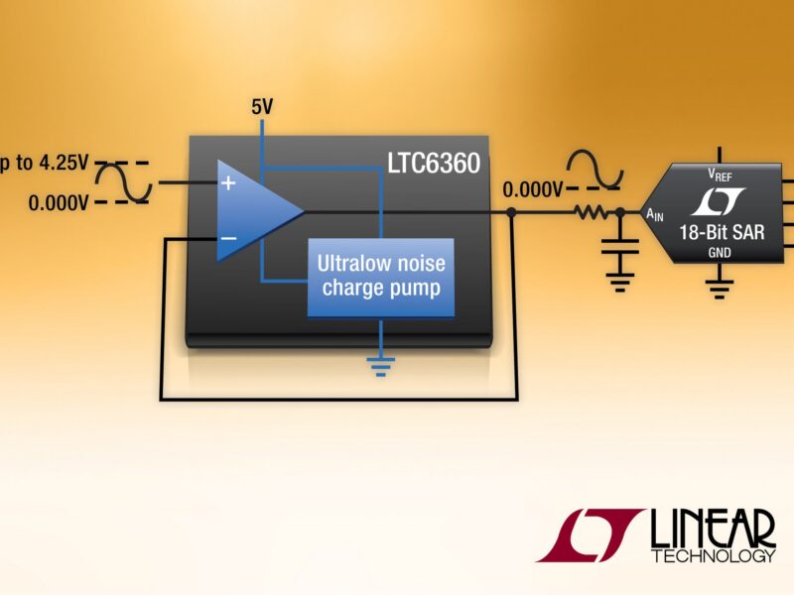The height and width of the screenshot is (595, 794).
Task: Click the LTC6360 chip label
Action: tap(434, 163)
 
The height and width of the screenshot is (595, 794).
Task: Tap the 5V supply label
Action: tap(261, 106)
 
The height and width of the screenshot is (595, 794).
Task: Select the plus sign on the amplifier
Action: tap(228, 182)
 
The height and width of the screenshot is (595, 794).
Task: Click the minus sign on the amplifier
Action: tap(228, 238)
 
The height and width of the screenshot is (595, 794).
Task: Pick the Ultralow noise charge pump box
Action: tap(380, 277)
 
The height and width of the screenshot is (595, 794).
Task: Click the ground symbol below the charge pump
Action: tap(380, 364)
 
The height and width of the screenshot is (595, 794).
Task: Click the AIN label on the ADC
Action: tap(656, 213)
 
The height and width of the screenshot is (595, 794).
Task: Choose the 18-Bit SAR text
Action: tap(722, 234)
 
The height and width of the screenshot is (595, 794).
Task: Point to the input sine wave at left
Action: tap(129, 181)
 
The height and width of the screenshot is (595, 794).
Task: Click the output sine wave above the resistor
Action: tap(594, 170)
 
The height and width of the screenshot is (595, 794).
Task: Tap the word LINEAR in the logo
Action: tap(713, 529)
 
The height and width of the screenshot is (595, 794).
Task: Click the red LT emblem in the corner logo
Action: tap(591, 535)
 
